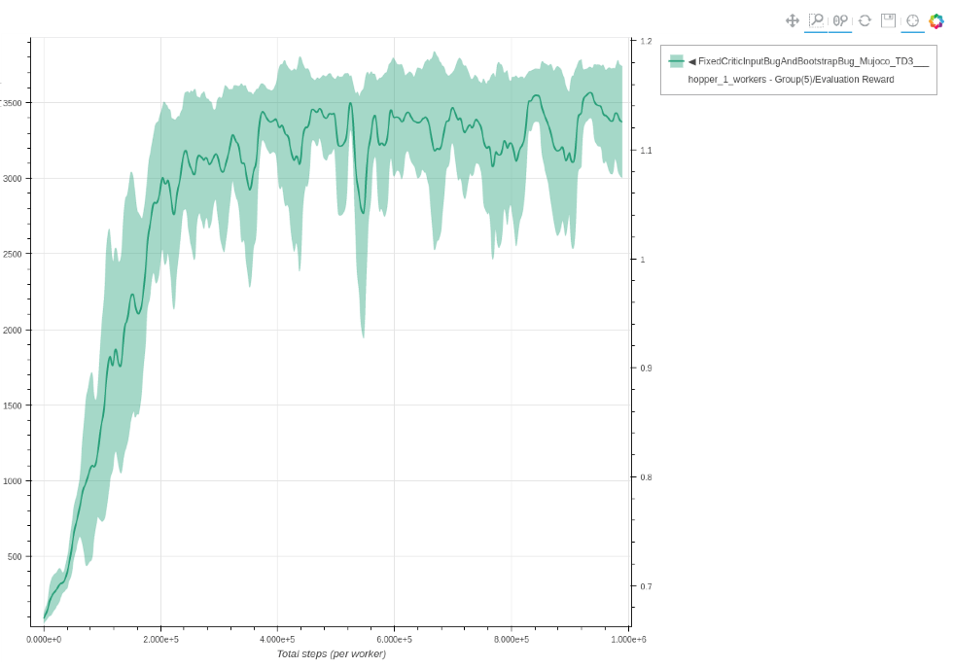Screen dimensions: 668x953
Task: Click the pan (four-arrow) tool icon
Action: click(793, 20)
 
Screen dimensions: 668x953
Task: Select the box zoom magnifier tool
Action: click(816, 20)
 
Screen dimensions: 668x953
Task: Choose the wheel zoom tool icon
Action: click(840, 20)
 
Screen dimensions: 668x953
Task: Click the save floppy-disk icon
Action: click(888, 20)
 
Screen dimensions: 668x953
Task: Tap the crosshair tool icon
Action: click(912, 20)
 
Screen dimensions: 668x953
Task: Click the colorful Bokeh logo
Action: click(936, 20)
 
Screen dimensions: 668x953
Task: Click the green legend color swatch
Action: click(676, 61)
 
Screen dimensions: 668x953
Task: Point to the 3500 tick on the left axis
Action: click(13, 102)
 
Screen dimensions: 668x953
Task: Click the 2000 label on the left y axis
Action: click(13, 330)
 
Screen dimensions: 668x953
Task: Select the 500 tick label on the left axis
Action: click(15, 557)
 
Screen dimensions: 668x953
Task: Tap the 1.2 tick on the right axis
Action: click(646, 42)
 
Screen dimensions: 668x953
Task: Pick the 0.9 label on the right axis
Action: click(646, 369)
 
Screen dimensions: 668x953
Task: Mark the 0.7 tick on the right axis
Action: click(646, 586)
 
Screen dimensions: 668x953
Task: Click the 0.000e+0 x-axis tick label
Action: click(44, 639)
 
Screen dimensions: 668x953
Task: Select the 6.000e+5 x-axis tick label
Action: click(394, 639)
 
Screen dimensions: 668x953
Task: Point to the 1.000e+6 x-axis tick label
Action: click(628, 639)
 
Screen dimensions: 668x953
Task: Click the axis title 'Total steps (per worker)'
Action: click(331, 654)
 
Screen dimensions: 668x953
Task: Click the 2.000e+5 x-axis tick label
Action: click(160, 639)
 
